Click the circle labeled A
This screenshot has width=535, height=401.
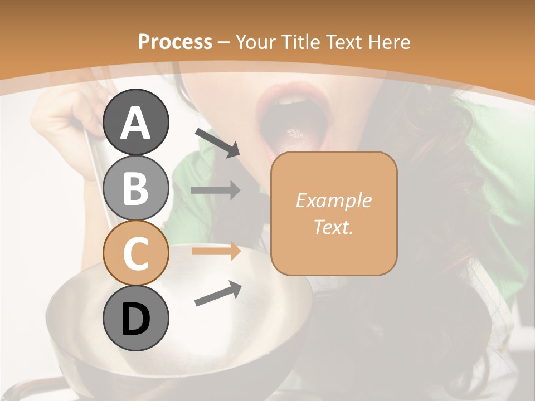tap(135, 122)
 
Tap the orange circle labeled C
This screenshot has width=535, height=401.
tap(135, 253)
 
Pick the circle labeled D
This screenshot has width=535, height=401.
tap(135, 318)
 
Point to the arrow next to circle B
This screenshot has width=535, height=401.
tap(216, 190)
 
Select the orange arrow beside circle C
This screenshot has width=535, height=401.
tap(216, 251)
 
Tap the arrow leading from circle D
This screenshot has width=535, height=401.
tap(218, 294)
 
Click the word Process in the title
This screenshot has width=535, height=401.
tap(175, 42)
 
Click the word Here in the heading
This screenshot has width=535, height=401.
tap(390, 42)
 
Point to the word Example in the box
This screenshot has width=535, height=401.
tap(333, 200)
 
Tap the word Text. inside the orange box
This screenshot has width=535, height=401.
tap(333, 227)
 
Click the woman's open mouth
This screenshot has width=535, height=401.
tap(291, 117)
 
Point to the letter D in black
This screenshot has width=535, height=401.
tap(135, 319)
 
